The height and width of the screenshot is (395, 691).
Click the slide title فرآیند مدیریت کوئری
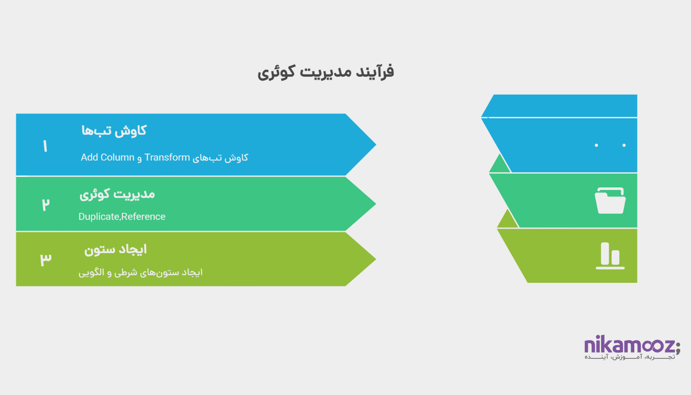point(326,72)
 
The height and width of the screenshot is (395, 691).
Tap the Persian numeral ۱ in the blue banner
point(45,146)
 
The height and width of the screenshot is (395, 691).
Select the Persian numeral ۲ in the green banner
point(45,204)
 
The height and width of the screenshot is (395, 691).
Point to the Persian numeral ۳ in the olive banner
point(45,259)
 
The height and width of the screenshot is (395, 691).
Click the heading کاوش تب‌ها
point(114,131)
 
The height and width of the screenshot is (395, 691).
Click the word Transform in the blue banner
point(167,158)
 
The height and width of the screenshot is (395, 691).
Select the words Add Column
point(108,158)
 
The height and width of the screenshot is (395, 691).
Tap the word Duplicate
point(99,217)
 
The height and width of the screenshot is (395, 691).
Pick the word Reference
point(144,217)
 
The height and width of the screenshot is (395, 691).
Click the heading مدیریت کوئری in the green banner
point(117,195)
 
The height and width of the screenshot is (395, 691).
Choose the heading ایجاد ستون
point(115,250)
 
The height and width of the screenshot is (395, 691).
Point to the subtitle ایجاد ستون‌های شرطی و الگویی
point(140,273)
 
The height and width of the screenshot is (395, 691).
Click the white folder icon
point(610,200)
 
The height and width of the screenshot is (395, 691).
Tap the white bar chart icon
point(610,256)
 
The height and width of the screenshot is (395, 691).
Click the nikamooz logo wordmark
point(629,345)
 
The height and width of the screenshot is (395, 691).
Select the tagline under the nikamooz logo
point(630,357)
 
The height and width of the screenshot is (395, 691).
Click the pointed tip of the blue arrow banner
point(376,144)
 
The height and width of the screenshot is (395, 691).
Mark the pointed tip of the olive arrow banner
point(376,259)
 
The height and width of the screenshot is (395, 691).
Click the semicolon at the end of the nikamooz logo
point(678,348)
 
